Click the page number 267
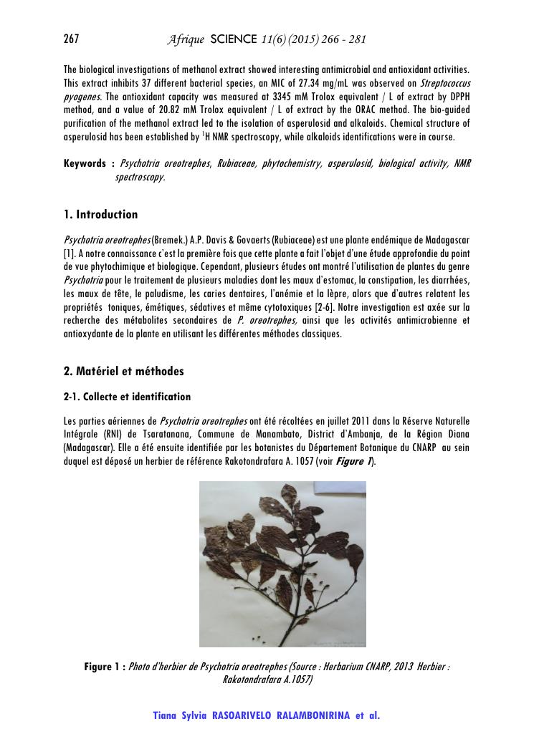click(71, 39)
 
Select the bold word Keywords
click(85, 164)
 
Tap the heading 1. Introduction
click(100, 214)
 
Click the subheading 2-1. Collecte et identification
click(127, 397)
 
